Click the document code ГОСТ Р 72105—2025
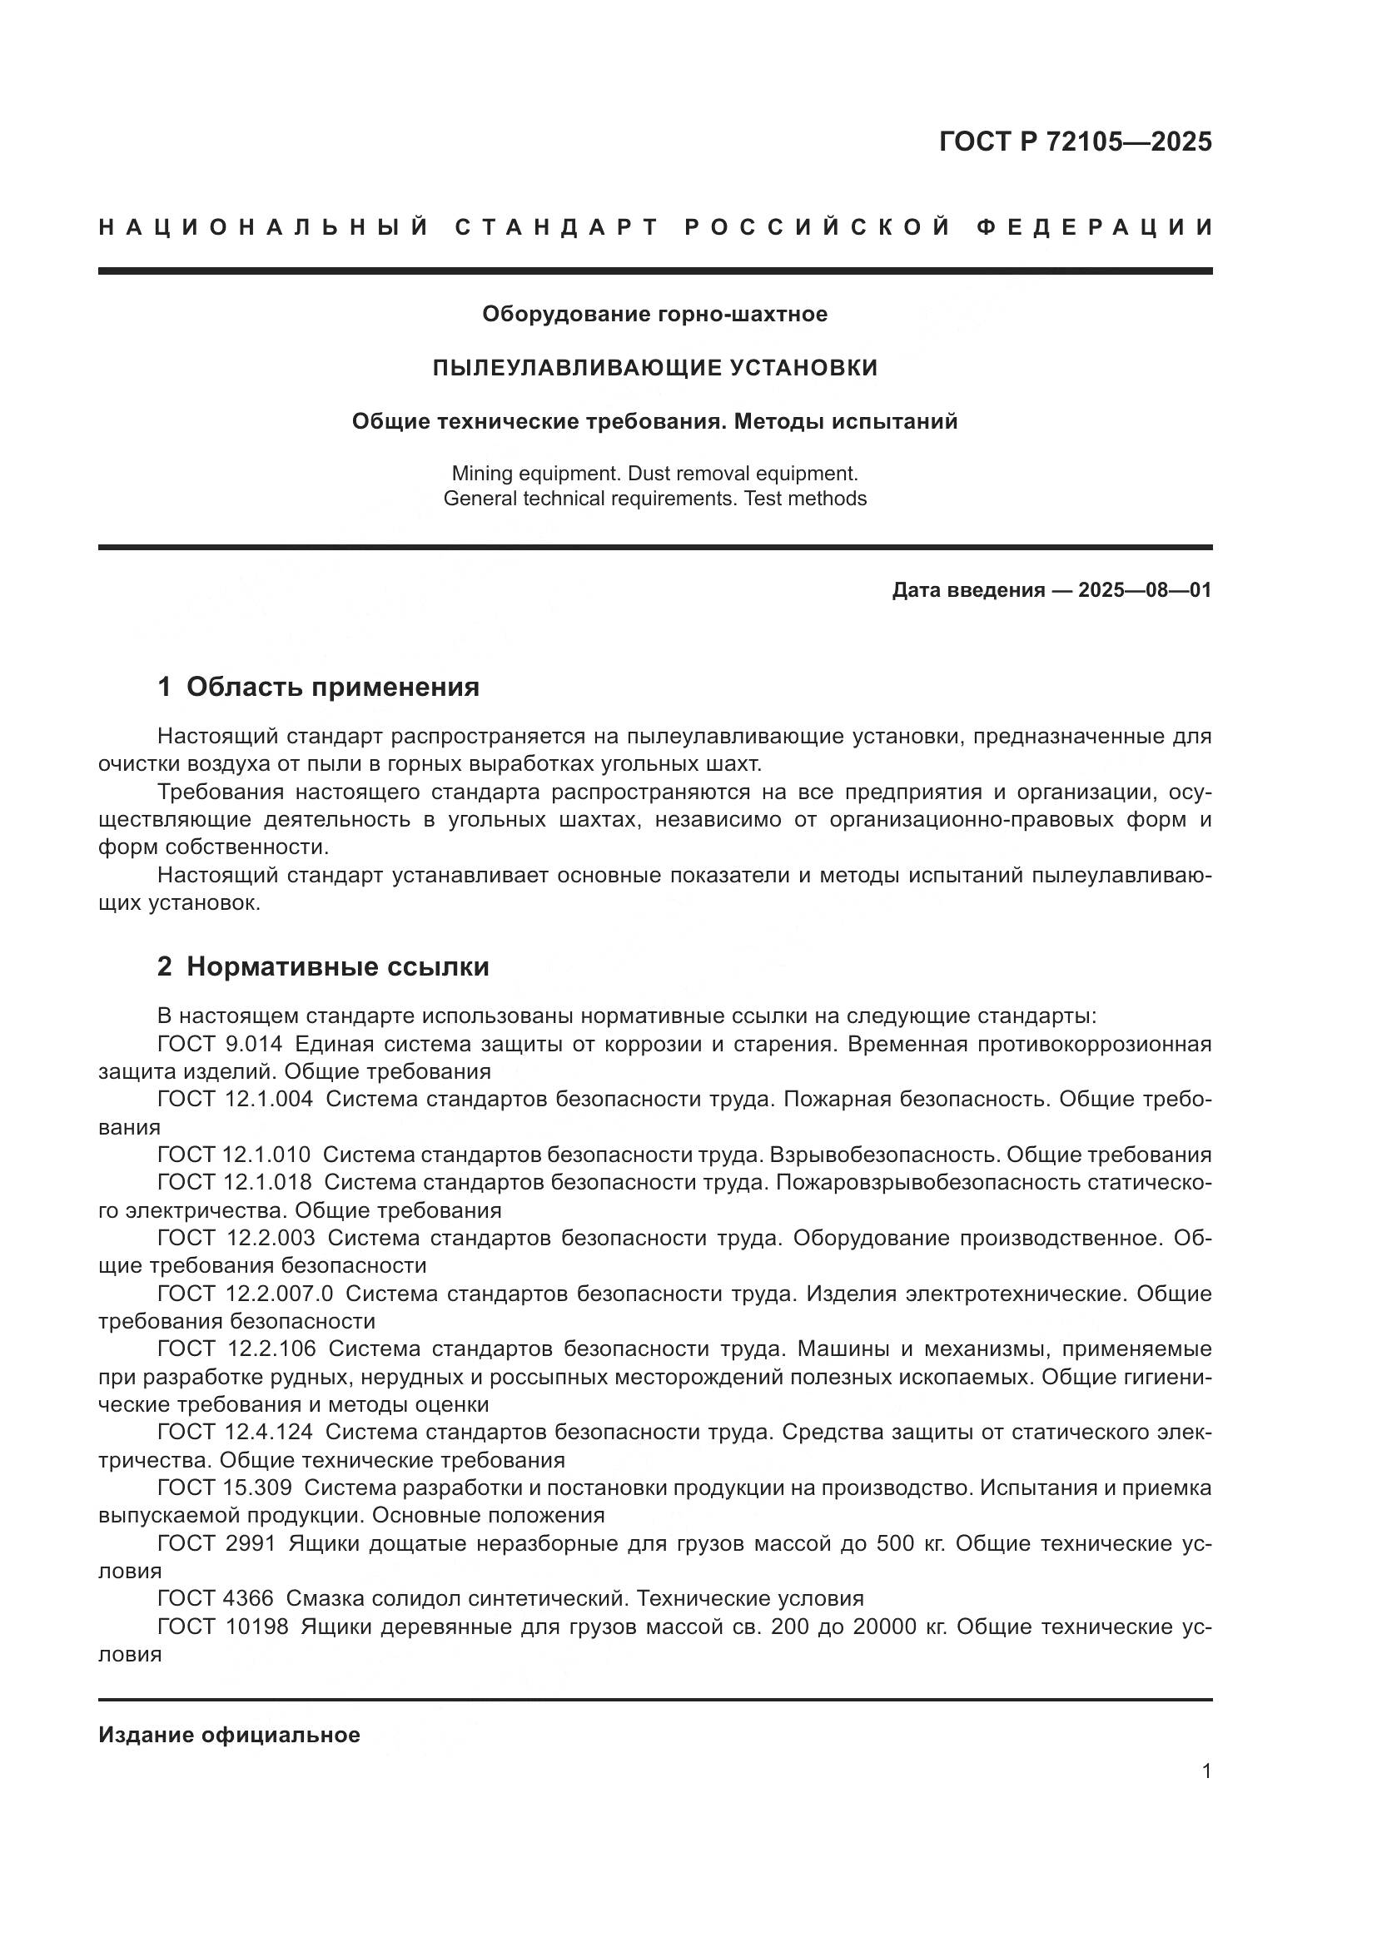pos(1075,142)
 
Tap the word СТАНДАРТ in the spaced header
pos(557,227)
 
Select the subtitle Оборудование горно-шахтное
pos(654,314)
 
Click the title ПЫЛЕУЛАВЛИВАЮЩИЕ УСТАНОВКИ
pos(654,368)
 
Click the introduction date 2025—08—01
pos(1144,590)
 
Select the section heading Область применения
pos(332,687)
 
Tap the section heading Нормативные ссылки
pos(337,966)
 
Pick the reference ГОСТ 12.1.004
pos(235,1100)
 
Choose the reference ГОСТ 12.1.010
pos(234,1155)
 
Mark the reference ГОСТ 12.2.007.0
pos(245,1294)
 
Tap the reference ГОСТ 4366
pos(216,1598)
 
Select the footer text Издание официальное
pos(229,1735)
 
